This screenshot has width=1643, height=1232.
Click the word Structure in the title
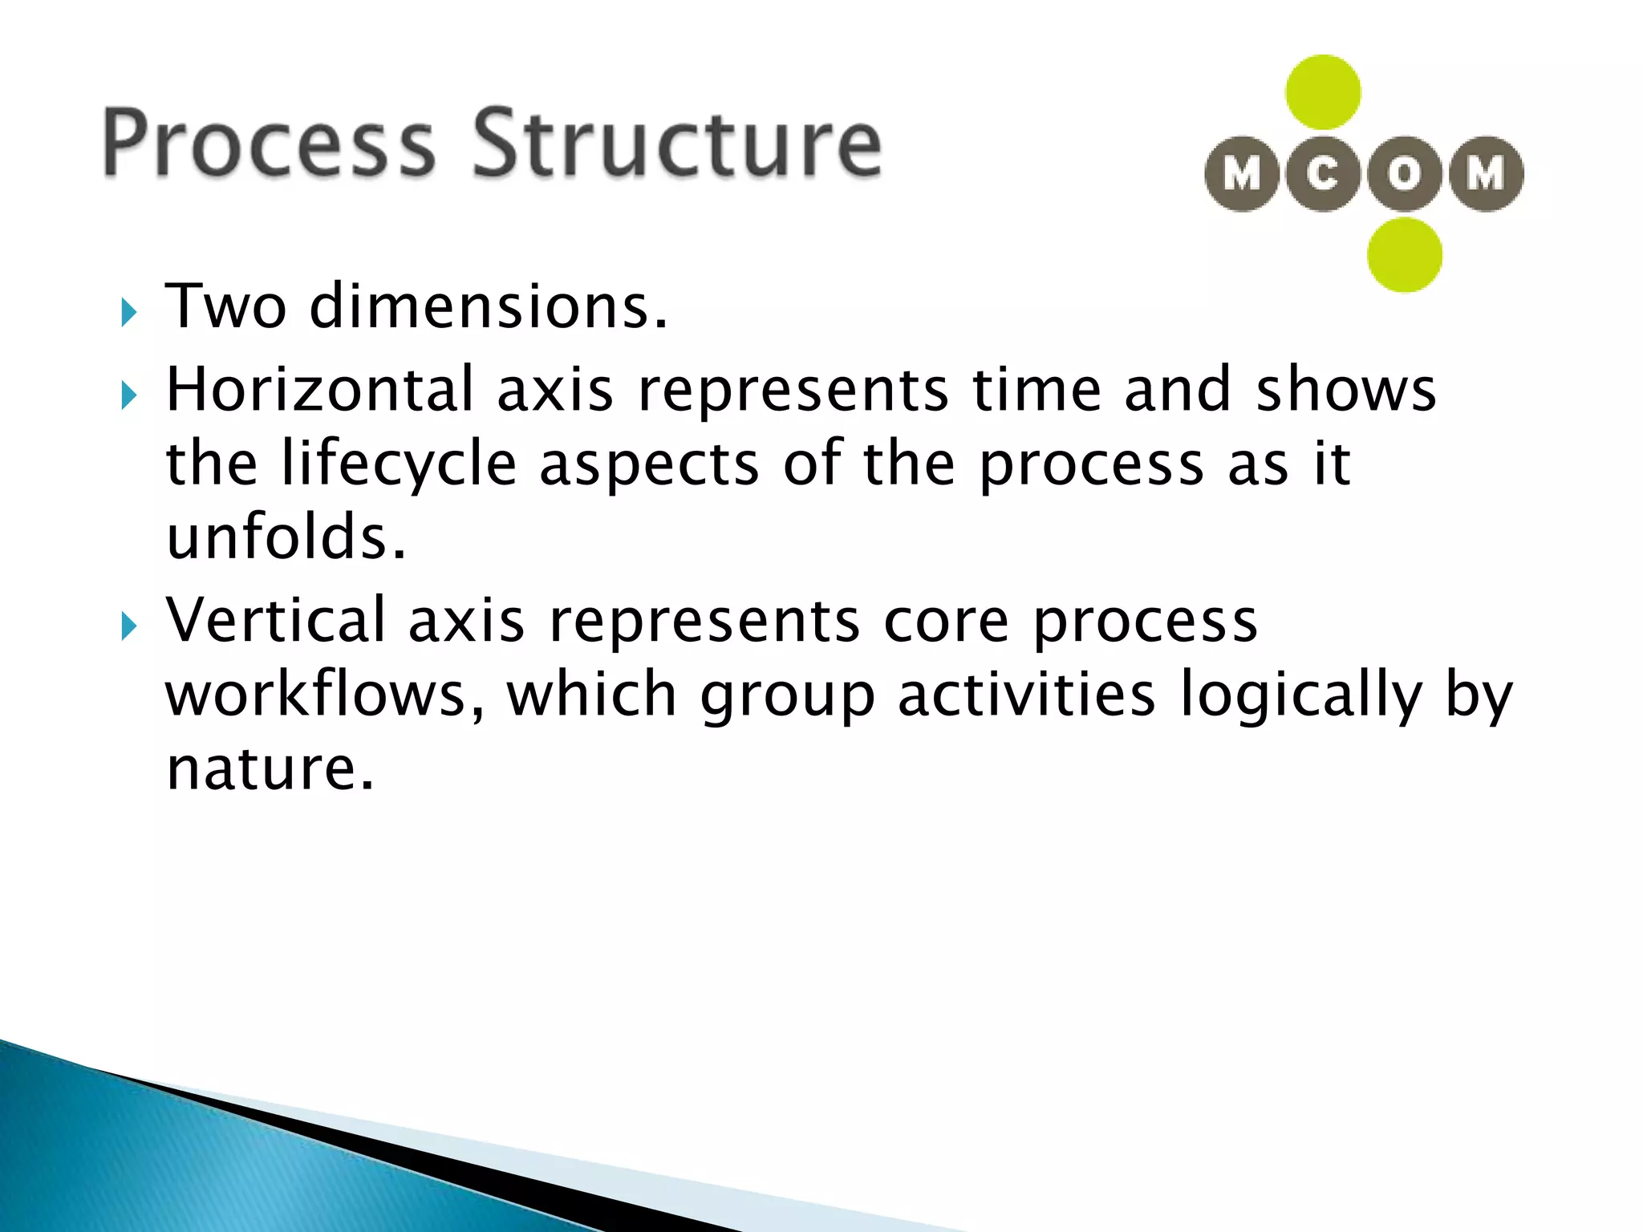pyautogui.click(x=676, y=143)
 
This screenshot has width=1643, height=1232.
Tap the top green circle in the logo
pyautogui.click(x=1323, y=92)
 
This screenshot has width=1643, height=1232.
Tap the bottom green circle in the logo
pyautogui.click(x=1405, y=255)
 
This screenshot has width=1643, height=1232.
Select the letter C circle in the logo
pyautogui.click(x=1323, y=173)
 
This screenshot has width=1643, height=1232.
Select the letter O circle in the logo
pyautogui.click(x=1404, y=173)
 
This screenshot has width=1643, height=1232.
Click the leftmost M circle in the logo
pyautogui.click(x=1242, y=173)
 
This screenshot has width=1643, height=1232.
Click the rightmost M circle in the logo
pyautogui.click(x=1486, y=173)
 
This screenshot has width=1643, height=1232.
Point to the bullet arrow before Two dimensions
pyautogui.click(x=128, y=312)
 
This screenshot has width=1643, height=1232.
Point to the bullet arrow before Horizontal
pyautogui.click(x=128, y=395)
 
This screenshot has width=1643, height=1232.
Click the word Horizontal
pyautogui.click(x=319, y=389)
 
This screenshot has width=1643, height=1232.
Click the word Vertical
pyautogui.click(x=276, y=620)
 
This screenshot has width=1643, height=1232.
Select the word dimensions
pyautogui.click(x=488, y=307)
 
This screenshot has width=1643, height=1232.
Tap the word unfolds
pyautogui.click(x=286, y=537)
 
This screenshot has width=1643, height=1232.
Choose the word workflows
pyautogui.click(x=325, y=694)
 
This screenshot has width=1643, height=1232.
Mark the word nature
pyautogui.click(x=270, y=768)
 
